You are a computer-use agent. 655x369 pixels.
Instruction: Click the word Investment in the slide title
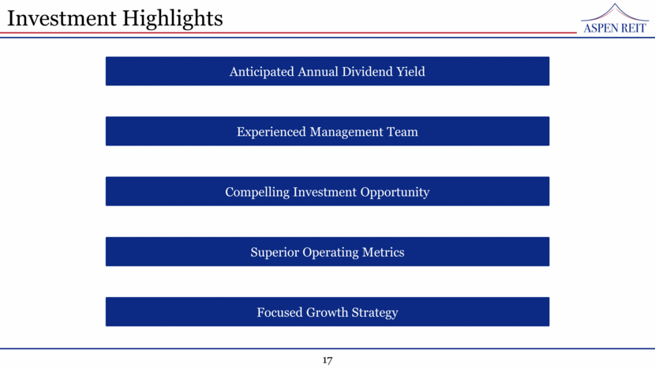click(x=62, y=18)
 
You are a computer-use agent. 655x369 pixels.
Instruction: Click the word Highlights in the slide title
click(x=173, y=19)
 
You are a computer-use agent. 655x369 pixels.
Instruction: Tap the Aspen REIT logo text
click(x=615, y=28)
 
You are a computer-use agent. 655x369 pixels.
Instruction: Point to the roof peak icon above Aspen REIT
click(x=615, y=12)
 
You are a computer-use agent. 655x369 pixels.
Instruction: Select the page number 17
click(x=327, y=360)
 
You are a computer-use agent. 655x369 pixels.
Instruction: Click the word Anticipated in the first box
click(x=261, y=72)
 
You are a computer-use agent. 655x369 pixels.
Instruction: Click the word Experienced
click(x=271, y=132)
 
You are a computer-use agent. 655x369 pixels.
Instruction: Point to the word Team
click(x=402, y=132)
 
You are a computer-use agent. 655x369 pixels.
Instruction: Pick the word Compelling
click(x=257, y=193)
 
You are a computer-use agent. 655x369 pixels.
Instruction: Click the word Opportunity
click(x=395, y=193)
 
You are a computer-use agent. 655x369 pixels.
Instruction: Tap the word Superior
click(x=275, y=253)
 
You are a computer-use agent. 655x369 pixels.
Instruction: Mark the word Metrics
click(x=383, y=252)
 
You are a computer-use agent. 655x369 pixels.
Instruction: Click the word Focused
click(x=279, y=313)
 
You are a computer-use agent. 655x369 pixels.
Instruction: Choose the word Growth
click(x=327, y=313)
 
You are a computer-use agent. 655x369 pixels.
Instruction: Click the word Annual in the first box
click(x=318, y=72)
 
